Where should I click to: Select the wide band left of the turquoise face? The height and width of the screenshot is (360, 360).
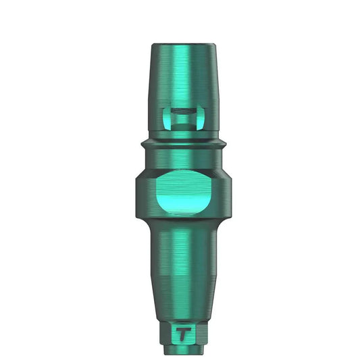point(143,192)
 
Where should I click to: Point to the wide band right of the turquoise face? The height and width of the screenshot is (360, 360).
point(220,192)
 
